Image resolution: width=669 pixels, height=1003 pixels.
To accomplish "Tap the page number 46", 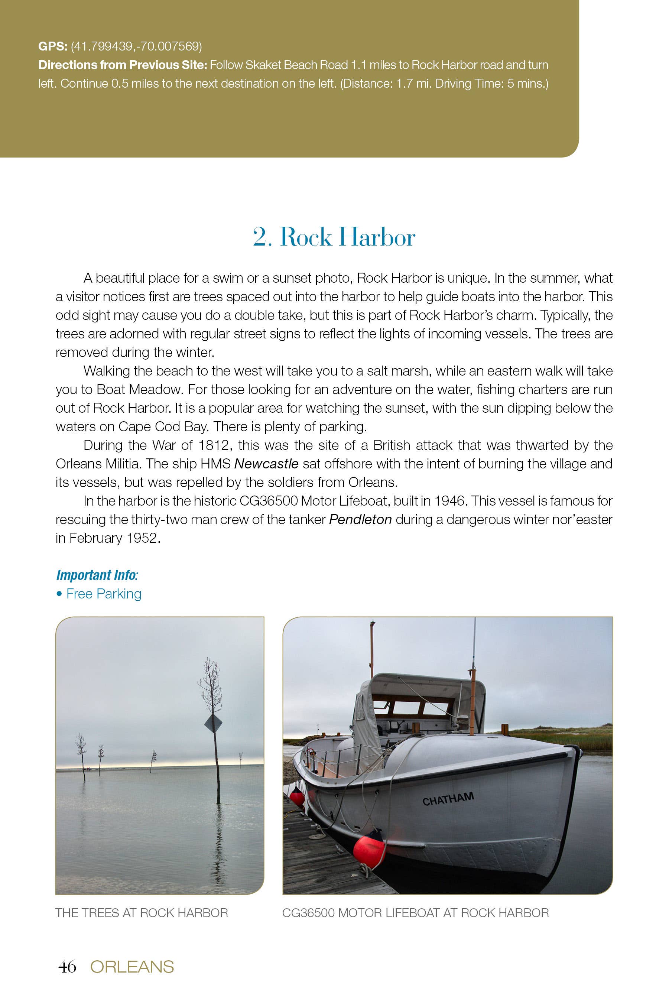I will (67, 966).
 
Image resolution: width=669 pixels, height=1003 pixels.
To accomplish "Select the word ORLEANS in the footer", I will (132, 967).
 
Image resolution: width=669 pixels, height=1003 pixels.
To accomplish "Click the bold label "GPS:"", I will (52, 46).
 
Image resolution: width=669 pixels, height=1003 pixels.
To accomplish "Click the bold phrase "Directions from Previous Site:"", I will (123, 65).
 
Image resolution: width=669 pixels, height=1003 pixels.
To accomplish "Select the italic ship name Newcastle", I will (266, 464).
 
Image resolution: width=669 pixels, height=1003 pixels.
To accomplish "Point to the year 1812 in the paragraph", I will (215, 445).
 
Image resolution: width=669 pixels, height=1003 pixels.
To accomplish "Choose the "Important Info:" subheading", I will (97, 575).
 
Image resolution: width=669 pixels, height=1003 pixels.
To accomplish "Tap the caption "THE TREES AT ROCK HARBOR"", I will (142, 913).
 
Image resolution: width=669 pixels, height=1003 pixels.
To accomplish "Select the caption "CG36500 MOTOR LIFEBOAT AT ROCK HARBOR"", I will (415, 913).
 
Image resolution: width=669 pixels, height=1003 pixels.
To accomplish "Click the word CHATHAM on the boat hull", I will (448, 799).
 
